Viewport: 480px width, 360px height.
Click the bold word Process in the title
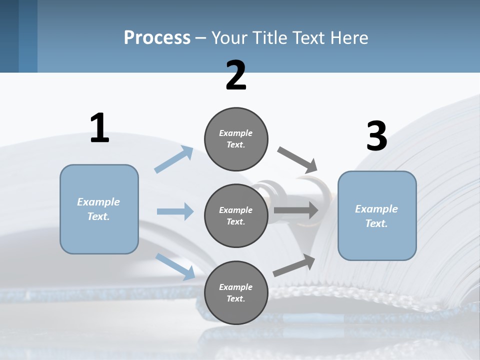(157, 37)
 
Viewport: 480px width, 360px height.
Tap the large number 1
(99, 128)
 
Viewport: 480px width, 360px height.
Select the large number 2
(236, 75)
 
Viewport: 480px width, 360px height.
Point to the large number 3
(376, 136)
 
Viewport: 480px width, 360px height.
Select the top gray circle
(236, 139)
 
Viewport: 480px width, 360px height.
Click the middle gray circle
(236, 216)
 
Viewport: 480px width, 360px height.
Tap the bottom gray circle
(236, 293)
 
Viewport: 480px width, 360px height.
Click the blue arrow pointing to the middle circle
(175, 211)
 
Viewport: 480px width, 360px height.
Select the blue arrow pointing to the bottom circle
(175, 266)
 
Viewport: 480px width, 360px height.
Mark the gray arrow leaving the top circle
(297, 159)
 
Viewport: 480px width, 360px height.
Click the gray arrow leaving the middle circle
(296, 210)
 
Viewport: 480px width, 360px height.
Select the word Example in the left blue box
(98, 202)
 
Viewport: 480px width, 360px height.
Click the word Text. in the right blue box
(376, 223)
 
